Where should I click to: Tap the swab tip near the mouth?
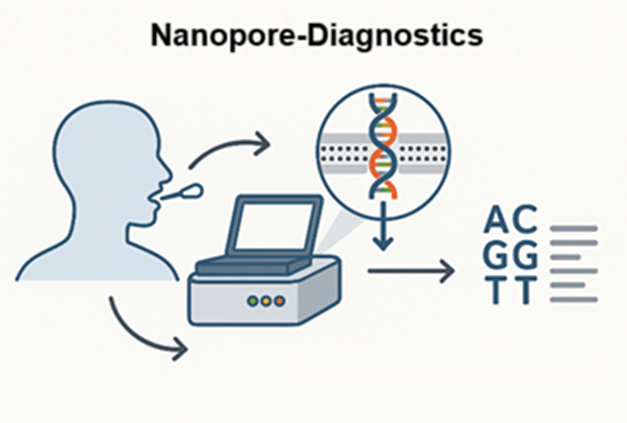[x=192, y=191]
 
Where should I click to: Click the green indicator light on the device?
[x=253, y=301]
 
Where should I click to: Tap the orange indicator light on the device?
[x=279, y=301]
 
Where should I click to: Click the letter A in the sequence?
[x=496, y=219]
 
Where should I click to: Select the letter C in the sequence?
[x=524, y=219]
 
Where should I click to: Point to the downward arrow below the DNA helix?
[x=383, y=226]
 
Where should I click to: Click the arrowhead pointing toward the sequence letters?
[x=447, y=271]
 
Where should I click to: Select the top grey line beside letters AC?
[x=574, y=229]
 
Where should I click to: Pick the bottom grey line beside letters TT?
[x=574, y=299]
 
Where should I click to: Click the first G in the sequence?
[x=496, y=255]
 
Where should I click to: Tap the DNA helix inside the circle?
[x=383, y=145]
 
